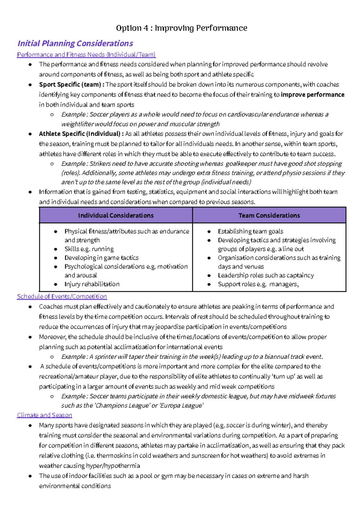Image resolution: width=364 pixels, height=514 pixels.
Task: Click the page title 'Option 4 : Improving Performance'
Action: [x=181, y=28]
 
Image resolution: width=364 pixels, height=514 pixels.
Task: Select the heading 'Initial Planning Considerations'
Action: [x=75, y=43]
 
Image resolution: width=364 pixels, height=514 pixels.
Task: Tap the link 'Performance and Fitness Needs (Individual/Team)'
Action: [x=86, y=55]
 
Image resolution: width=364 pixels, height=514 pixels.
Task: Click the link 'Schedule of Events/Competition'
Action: [x=62, y=296]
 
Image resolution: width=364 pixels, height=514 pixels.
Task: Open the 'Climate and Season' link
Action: [x=44, y=415]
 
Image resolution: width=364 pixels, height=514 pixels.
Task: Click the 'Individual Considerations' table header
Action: [x=116, y=215]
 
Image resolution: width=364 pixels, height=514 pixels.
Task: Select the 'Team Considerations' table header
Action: [x=269, y=215]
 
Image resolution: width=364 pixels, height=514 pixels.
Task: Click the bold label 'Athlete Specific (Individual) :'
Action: [x=81, y=134]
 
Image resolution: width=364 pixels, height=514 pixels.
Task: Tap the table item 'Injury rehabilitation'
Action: [x=92, y=284]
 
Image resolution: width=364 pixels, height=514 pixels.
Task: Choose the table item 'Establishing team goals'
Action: [x=250, y=232]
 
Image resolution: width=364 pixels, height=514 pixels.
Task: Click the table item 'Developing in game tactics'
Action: [x=101, y=258]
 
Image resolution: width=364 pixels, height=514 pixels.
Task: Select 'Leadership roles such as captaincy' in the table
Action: [x=266, y=276]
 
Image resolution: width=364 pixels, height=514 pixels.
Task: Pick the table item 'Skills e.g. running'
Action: [x=89, y=249]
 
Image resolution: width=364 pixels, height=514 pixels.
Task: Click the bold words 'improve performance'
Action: [x=312, y=95]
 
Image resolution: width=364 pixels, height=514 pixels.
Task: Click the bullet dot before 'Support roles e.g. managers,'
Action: [x=209, y=284]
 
